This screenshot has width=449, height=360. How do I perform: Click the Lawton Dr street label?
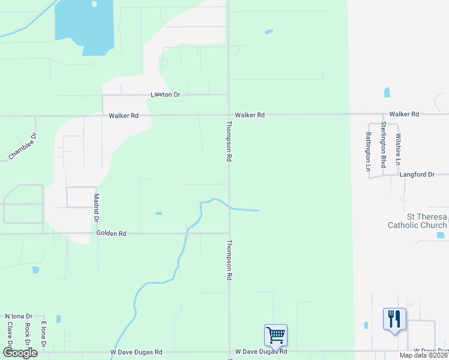click(x=164, y=95)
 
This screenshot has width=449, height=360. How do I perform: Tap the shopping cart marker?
click(x=276, y=335)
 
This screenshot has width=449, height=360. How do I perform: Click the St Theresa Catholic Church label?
click(x=418, y=221)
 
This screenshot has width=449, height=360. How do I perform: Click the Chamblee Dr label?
click(x=23, y=146)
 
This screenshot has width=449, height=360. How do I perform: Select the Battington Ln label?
click(x=368, y=151)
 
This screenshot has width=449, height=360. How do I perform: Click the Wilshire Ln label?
click(x=397, y=149)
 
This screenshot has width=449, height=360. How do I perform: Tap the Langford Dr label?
click(x=417, y=175)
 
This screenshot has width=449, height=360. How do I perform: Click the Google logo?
click(x=20, y=352)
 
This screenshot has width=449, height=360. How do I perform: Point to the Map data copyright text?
click(x=424, y=355)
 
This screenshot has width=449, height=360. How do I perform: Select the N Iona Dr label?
click(x=18, y=316)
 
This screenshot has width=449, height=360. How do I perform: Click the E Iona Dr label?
click(x=43, y=332)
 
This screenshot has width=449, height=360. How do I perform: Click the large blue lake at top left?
click(x=84, y=29)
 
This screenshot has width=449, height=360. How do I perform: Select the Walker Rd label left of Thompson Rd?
click(x=124, y=115)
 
